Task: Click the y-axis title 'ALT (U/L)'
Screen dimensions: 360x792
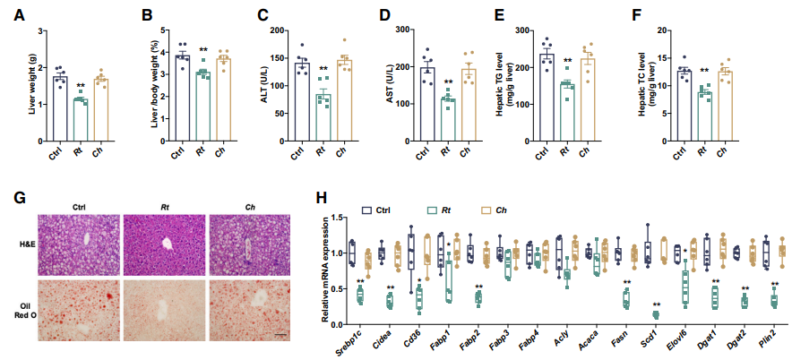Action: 266,88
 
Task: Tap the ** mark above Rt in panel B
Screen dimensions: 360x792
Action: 203,50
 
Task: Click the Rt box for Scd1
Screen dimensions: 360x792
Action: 656,314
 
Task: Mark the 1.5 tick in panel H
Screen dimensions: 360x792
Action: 337,212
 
